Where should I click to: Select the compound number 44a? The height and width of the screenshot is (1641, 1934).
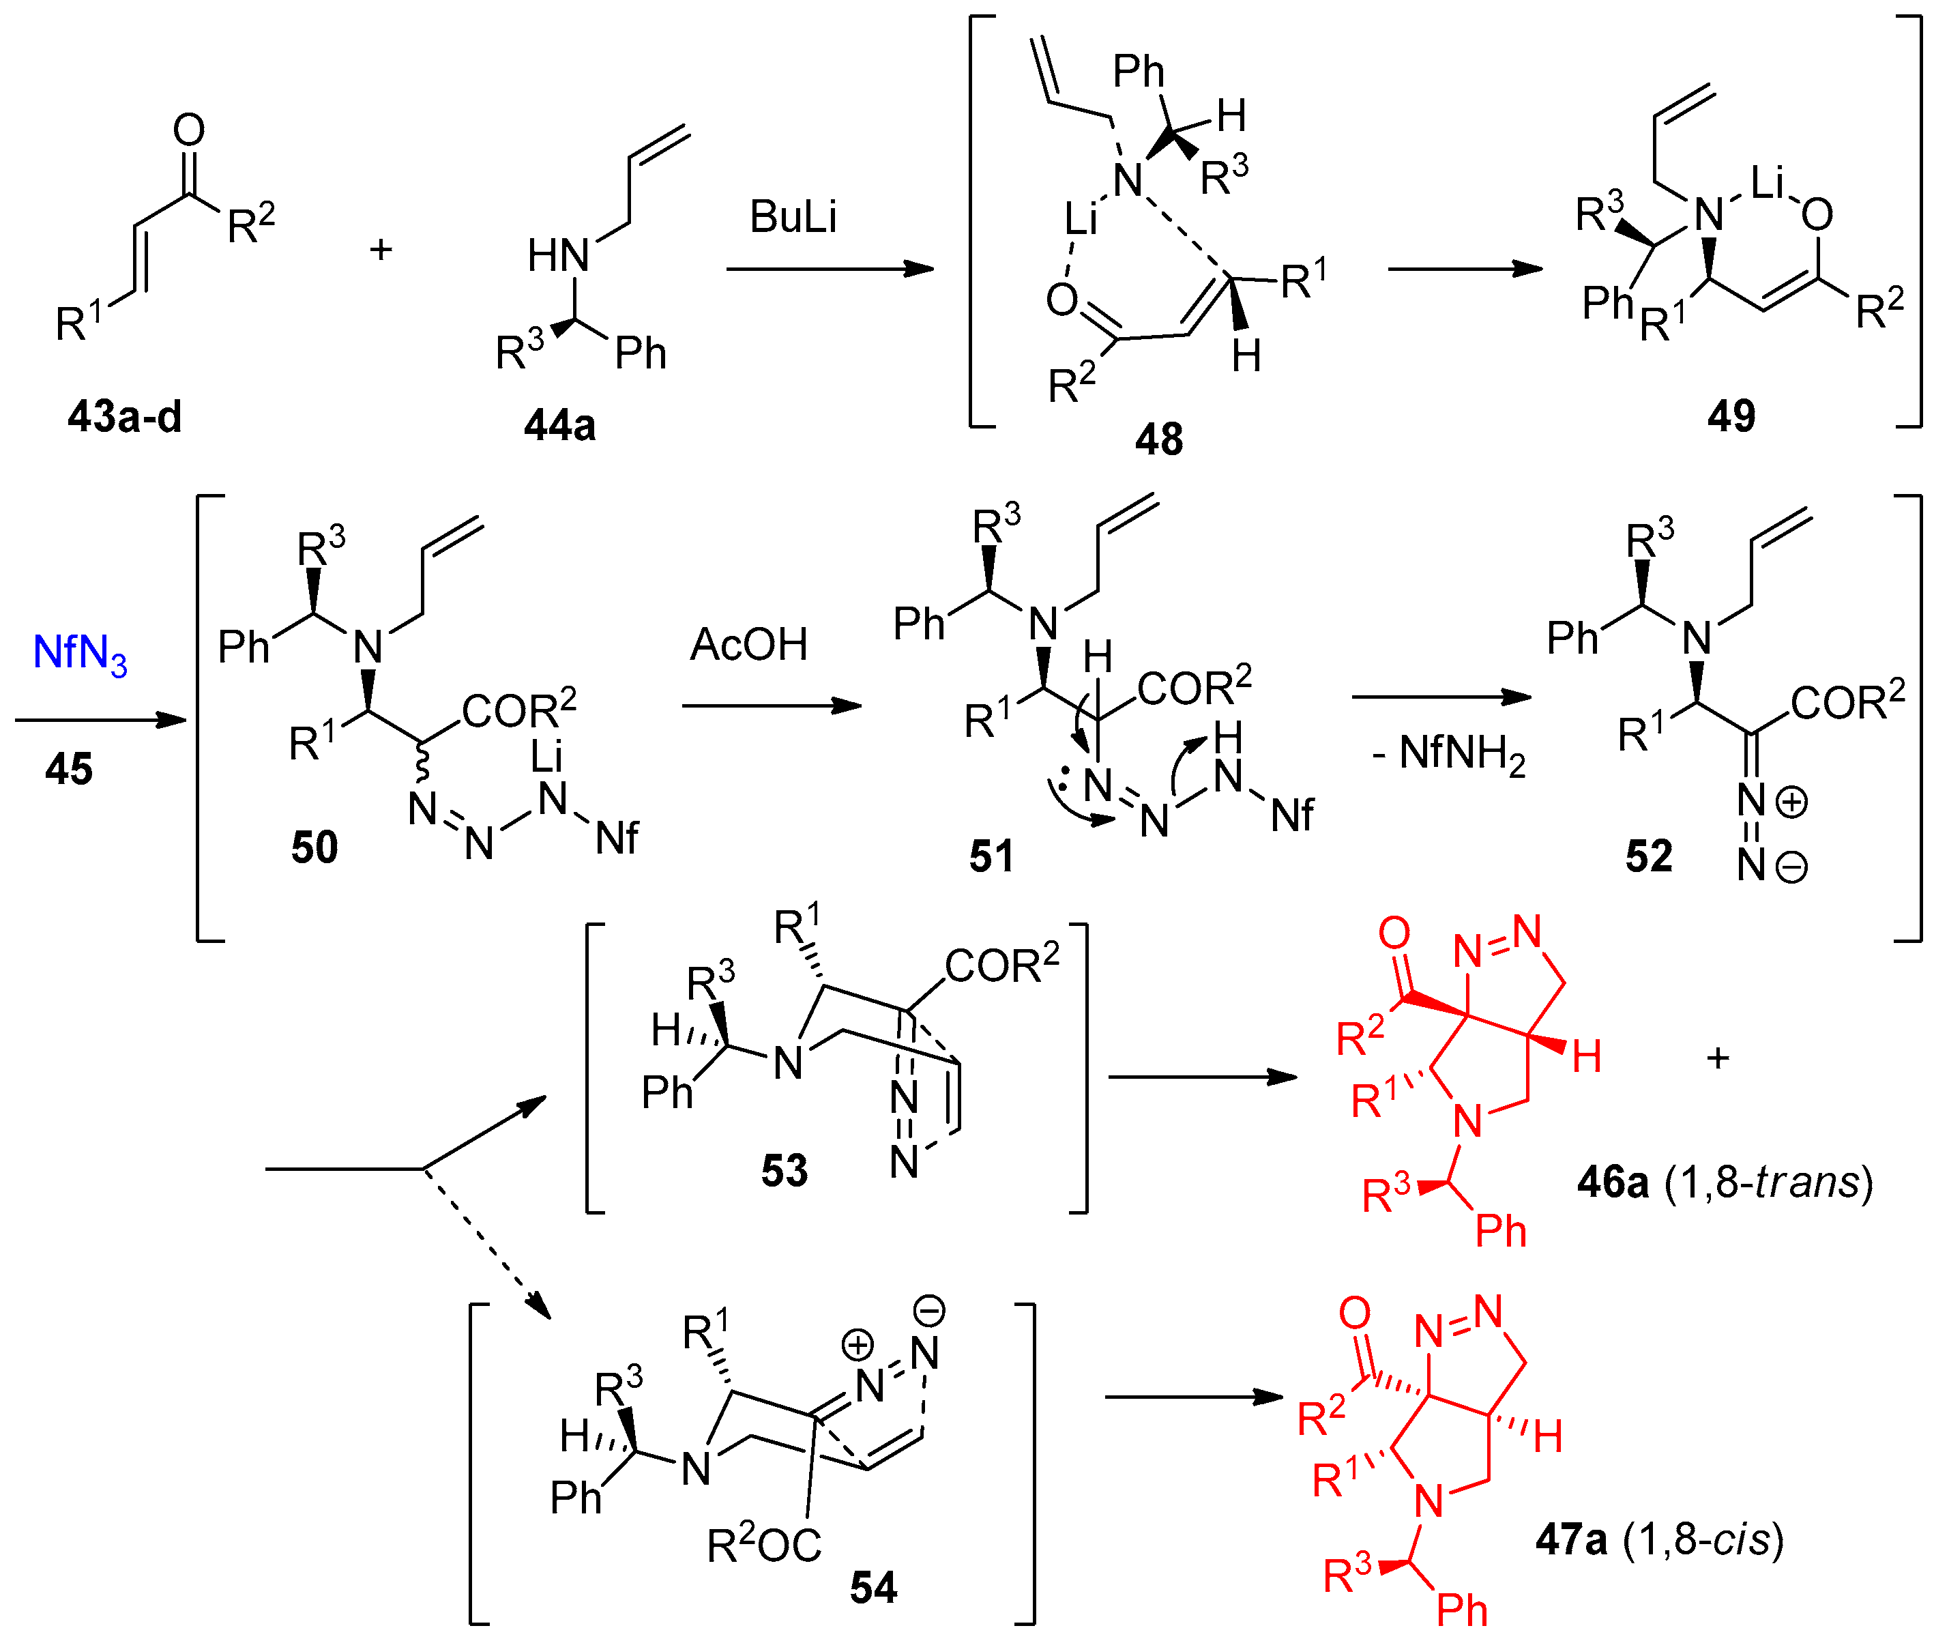(x=559, y=425)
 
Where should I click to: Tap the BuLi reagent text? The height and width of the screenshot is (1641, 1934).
(x=793, y=217)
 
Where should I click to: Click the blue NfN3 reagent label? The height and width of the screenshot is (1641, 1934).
(x=79, y=653)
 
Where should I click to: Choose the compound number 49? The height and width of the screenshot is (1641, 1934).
(x=1730, y=415)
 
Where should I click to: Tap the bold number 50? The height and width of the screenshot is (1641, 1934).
(x=314, y=847)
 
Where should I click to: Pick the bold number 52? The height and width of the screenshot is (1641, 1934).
(x=1648, y=856)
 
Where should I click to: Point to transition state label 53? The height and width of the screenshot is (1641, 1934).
(x=785, y=1170)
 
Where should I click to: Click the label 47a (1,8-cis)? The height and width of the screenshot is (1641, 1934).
(x=1658, y=1539)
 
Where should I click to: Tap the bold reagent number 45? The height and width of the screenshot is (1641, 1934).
(x=69, y=770)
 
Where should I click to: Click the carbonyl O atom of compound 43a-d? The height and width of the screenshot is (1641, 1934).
(x=189, y=130)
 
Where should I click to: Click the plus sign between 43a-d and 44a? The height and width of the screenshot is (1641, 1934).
(x=381, y=249)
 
